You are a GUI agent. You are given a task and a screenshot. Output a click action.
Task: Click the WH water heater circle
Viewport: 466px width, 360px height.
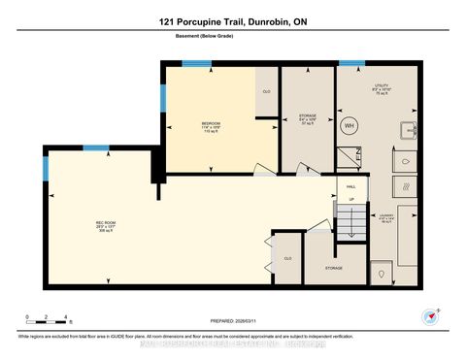pyautogui.click(x=350, y=125)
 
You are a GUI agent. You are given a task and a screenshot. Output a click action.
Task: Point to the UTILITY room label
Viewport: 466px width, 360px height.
pyautogui.click(x=381, y=86)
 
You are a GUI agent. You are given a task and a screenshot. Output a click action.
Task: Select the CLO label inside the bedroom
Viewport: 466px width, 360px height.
pyautogui.click(x=266, y=91)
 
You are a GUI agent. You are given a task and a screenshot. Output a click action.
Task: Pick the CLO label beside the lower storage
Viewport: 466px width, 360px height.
pyautogui.click(x=287, y=258)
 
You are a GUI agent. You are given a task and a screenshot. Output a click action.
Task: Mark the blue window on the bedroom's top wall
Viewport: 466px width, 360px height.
pyautogui.click(x=197, y=64)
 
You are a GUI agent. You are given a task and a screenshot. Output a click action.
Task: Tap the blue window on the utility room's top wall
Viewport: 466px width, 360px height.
pyautogui.click(x=351, y=64)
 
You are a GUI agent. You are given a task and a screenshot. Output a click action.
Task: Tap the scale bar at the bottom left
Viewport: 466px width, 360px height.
pyautogui.click(x=47, y=319)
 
